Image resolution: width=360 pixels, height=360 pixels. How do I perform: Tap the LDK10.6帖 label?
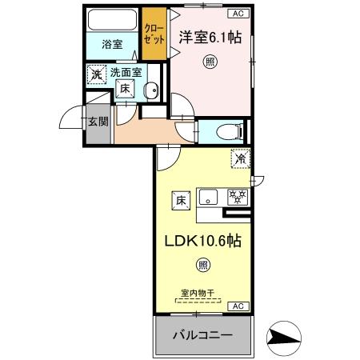[202, 241]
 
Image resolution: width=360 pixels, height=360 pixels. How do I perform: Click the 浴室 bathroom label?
[112, 45]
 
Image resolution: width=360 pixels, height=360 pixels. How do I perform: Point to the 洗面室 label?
[126, 73]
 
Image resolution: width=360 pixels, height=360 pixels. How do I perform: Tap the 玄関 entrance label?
[98, 122]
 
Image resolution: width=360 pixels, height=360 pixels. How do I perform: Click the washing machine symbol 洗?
[96, 75]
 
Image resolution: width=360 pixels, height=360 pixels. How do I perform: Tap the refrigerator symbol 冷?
[240, 159]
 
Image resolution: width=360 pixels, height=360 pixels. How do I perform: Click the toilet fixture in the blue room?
[226, 130]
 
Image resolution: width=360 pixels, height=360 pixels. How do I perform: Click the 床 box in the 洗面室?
[126, 90]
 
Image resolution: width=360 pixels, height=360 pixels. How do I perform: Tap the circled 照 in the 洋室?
[210, 62]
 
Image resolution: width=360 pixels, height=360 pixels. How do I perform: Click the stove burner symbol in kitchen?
[238, 196]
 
